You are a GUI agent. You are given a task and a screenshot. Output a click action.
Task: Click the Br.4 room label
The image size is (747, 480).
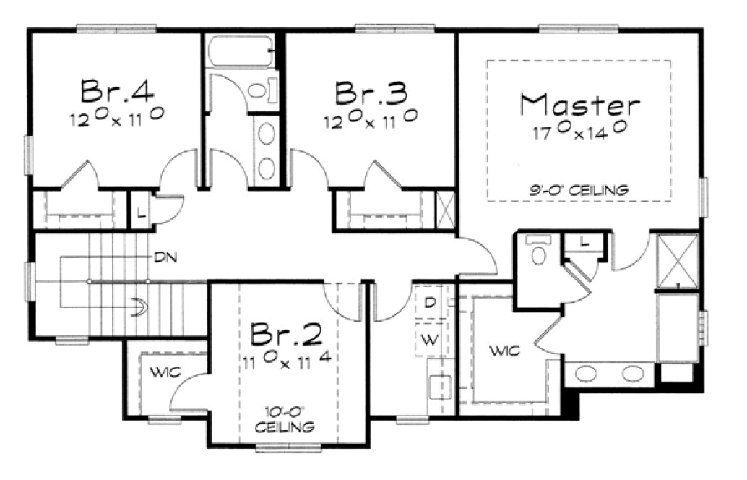(116, 92)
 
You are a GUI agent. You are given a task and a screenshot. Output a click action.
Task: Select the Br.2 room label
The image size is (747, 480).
(287, 334)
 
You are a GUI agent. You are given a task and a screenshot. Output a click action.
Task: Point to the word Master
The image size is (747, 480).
(579, 106)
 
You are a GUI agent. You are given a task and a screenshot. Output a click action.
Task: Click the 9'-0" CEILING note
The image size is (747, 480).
(579, 191)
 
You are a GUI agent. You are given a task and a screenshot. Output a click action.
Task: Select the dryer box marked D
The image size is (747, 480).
(429, 303)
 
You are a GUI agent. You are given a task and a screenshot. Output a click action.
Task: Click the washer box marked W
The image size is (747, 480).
(429, 340)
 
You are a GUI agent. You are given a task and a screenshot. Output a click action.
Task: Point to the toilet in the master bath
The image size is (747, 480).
(538, 252)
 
